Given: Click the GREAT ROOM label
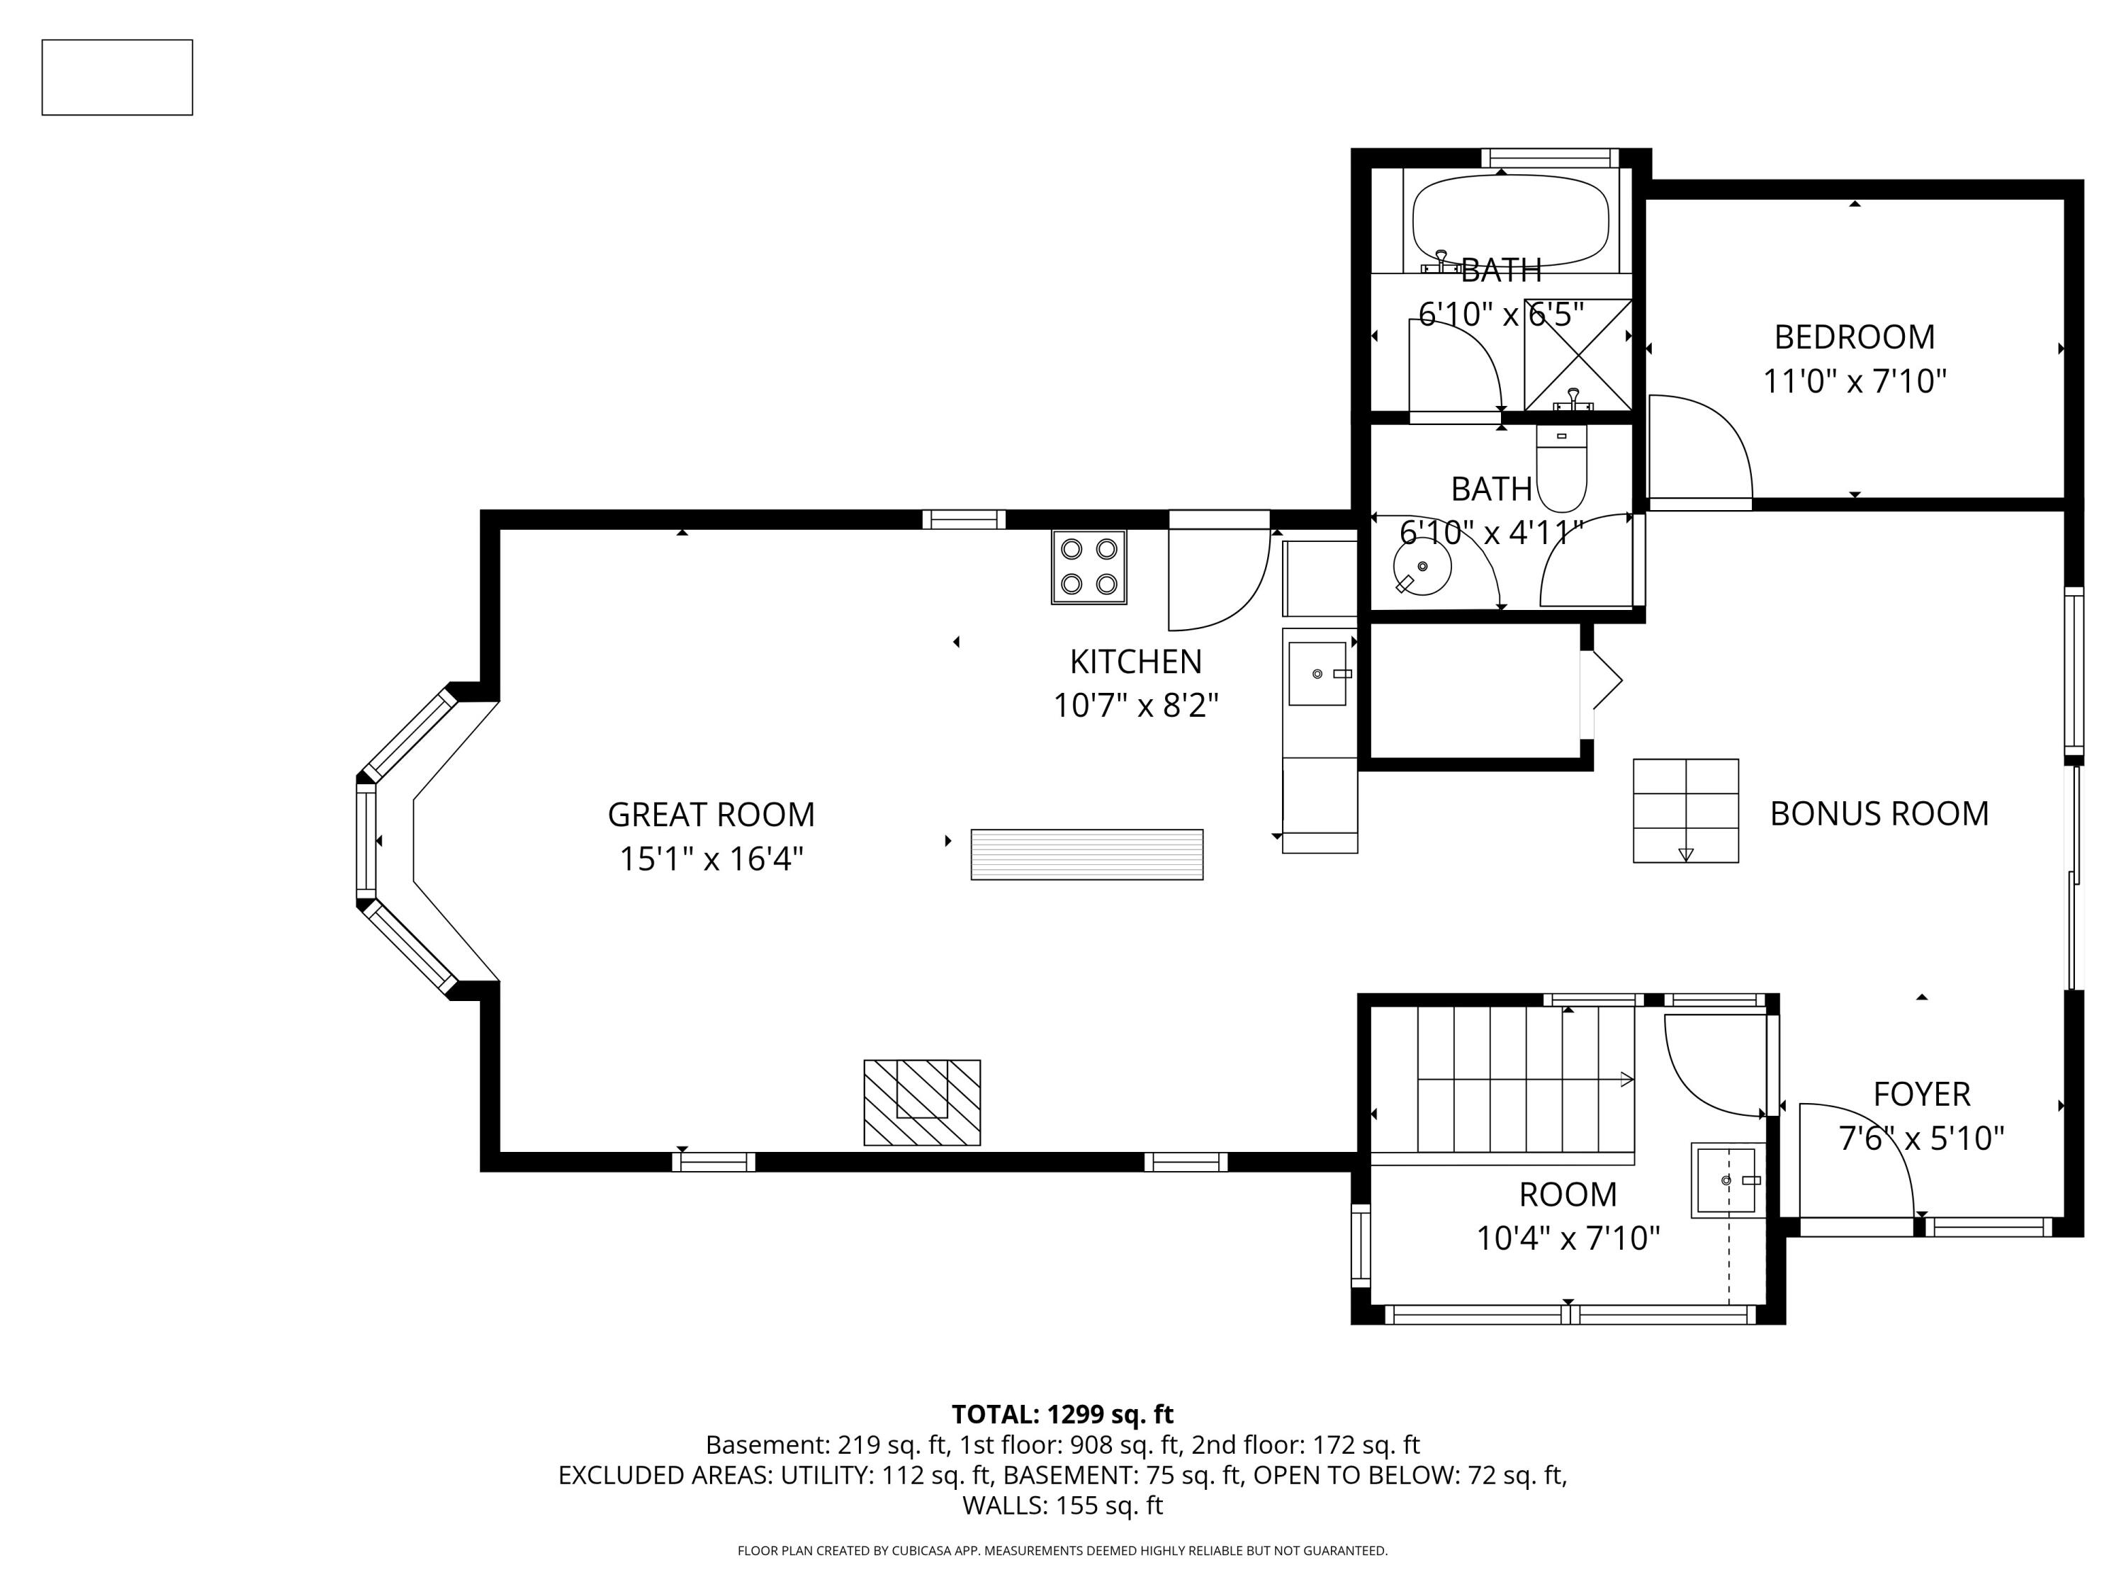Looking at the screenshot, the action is pos(712,815).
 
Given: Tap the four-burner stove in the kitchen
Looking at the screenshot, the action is pos(1089,567).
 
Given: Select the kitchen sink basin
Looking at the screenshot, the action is pos(1317,674).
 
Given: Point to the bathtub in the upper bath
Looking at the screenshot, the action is pos(1510,220).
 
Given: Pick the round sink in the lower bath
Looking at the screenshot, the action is pos(1422,566).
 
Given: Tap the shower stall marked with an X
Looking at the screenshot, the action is pos(1578,354).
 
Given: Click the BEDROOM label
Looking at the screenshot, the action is pos(1854,337).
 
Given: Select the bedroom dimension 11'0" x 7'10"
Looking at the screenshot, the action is pos(1854,381).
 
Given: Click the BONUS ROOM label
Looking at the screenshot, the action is pos(1879,814).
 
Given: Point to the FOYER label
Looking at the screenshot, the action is pos(1921,1095).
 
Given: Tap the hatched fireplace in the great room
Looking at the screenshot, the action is pos(922,1102).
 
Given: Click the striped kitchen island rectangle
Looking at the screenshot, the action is pos(1087,854).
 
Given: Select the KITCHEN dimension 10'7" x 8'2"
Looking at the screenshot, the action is pos(1135,706).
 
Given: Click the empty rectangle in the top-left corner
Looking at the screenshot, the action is pos(117,77).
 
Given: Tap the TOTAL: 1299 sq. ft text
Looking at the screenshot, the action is pos(1062,1414).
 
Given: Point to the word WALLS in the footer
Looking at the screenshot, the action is pos(1004,1505).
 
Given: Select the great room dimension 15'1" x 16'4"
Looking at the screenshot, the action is pos(712,859).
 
